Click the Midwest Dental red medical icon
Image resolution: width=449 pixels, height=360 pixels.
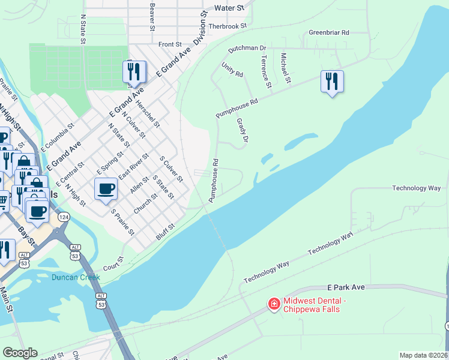(x=274, y=305)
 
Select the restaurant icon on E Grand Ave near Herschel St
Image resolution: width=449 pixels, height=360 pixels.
(x=134, y=72)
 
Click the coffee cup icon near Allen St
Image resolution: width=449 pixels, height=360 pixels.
(x=106, y=188)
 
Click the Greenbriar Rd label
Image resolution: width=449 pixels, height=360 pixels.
(x=328, y=32)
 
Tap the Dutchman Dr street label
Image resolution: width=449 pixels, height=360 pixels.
(x=247, y=47)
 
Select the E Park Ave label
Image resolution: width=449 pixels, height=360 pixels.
(x=346, y=288)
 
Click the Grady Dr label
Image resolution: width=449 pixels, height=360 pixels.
(x=242, y=133)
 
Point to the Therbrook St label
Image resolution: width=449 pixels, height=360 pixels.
(x=228, y=26)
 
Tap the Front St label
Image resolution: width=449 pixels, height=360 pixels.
(x=170, y=44)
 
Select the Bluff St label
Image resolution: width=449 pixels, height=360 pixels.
(x=165, y=232)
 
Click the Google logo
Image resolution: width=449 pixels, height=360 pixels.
(x=20, y=353)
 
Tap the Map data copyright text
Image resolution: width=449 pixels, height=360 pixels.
(x=423, y=355)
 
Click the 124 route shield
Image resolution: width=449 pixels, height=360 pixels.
(x=63, y=216)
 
